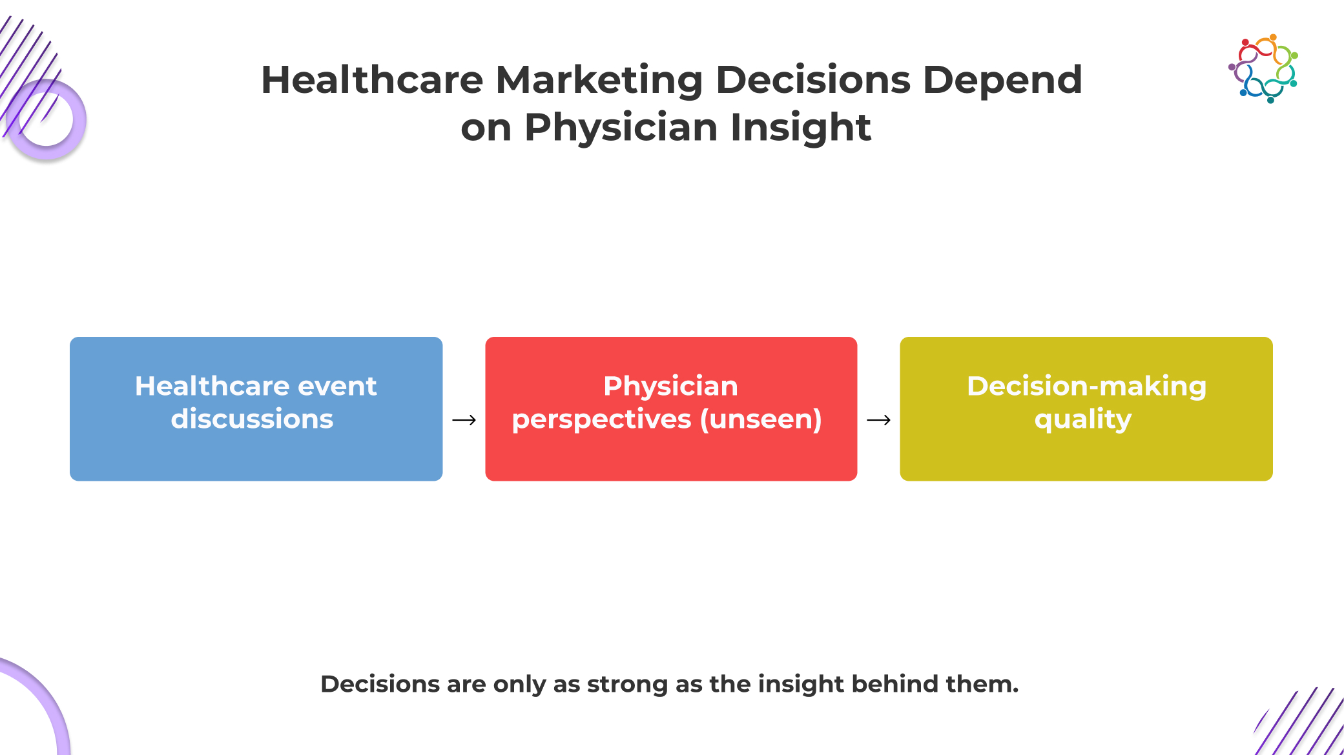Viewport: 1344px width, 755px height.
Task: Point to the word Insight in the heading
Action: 801,128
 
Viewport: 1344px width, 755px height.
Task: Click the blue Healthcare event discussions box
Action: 256,408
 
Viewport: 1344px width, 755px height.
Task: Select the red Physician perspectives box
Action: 671,408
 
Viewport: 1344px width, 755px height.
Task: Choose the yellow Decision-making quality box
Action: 1086,408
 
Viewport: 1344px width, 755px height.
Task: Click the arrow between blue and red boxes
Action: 464,420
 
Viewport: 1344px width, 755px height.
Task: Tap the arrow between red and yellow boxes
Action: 879,420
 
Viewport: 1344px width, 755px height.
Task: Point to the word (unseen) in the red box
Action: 761,419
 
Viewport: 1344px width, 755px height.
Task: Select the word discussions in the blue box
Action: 252,419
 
